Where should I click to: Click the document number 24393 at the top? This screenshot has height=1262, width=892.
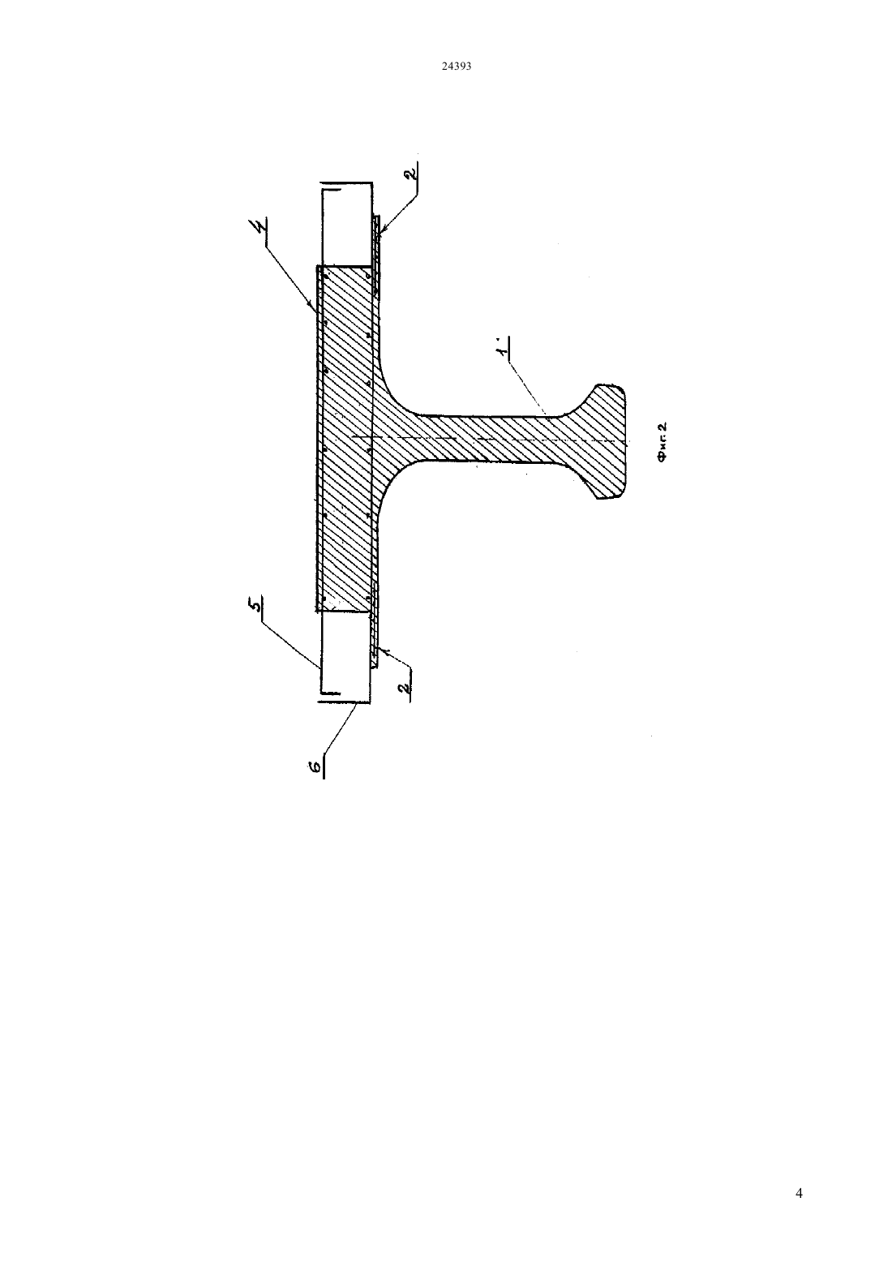[x=456, y=66]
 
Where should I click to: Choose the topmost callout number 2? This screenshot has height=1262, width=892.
[x=412, y=171]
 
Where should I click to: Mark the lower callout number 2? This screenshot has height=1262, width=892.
[x=404, y=688]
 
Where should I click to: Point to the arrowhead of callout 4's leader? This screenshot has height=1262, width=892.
[x=313, y=307]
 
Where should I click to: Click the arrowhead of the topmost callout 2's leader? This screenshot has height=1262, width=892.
[x=380, y=230]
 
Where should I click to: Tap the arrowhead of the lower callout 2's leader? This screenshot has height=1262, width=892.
[x=385, y=651]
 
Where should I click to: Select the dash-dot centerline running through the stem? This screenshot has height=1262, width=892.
[x=487, y=438]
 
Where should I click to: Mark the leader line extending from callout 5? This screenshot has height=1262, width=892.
[x=290, y=642]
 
